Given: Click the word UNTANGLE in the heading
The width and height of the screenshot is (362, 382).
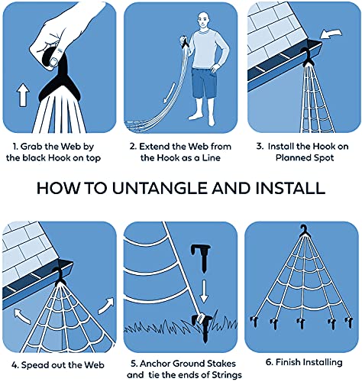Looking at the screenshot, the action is point(161,188).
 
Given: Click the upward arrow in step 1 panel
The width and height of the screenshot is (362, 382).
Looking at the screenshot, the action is point(23,95).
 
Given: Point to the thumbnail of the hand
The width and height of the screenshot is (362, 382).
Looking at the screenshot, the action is point(54,61).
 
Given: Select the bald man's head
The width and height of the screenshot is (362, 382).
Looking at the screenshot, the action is point(204,21).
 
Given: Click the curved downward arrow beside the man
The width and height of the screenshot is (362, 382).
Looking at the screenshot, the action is point(170,93).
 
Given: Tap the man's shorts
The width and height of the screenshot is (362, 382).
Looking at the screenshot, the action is point(204,83).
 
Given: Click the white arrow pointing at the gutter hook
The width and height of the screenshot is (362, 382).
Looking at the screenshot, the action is point(331,34).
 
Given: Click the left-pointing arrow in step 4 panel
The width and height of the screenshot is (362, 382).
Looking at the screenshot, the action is point(22,316).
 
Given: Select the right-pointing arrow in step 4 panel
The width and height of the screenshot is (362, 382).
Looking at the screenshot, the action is point(106,306).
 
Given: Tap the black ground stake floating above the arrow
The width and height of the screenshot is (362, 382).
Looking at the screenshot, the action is point(201,258).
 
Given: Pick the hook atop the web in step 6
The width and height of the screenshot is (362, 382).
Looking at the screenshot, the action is point(305,230).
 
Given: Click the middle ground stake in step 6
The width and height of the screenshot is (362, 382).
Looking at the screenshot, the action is point(301,323).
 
